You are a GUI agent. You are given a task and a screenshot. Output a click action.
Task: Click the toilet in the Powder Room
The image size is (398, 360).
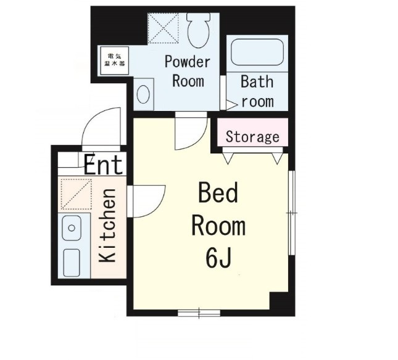click(x=199, y=30)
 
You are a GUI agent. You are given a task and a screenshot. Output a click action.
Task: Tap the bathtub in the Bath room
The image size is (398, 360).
click(x=257, y=52)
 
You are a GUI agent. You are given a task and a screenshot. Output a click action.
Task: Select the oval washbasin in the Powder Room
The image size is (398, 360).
click(x=143, y=94)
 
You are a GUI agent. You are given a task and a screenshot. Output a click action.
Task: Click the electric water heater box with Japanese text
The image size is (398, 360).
click(x=115, y=60)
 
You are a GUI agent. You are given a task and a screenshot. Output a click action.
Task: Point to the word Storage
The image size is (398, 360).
click(x=252, y=137)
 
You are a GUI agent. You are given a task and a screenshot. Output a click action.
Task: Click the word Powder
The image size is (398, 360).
click(x=188, y=62)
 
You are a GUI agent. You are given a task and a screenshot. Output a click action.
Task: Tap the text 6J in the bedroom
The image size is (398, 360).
click(x=218, y=258)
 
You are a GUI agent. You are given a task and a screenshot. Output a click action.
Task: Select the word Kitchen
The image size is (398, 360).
click(x=107, y=225)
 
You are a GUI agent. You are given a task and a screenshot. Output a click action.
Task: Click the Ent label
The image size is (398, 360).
click(x=103, y=165)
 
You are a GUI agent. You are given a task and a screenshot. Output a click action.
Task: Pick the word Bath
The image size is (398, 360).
click(x=257, y=81)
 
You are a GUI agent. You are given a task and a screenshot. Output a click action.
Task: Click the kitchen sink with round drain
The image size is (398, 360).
click(x=72, y=228)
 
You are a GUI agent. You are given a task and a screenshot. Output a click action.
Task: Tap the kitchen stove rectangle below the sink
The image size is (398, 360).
click(x=72, y=263)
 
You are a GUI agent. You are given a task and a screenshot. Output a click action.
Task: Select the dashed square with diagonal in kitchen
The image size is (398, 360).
click(x=76, y=194)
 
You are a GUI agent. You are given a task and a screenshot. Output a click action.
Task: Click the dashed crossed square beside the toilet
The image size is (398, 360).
click(x=163, y=28)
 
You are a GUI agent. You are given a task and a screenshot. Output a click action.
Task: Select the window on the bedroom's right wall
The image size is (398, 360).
click(x=292, y=213)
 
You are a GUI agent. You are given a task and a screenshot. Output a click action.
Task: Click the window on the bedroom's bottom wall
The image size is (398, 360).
click(x=199, y=313)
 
